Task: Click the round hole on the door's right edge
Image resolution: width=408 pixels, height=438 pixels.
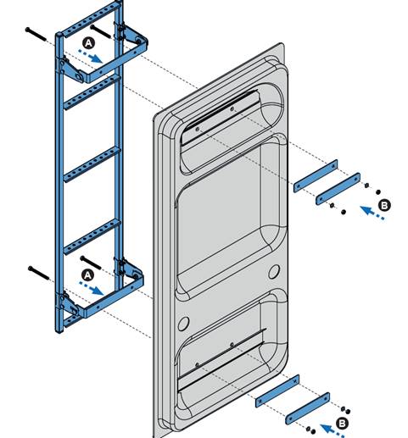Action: (x=274, y=272)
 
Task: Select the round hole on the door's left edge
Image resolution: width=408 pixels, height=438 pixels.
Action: (x=182, y=324)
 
